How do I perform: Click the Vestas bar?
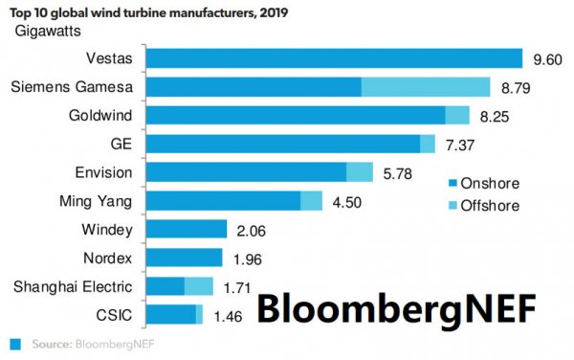click(x=334, y=58)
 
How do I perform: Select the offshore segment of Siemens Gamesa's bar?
click(x=426, y=87)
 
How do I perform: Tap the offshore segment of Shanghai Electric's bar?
click(x=199, y=286)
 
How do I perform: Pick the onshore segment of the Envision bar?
click(x=247, y=172)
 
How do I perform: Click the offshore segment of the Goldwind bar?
click(x=457, y=115)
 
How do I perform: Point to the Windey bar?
click(x=187, y=229)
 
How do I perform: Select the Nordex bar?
click(x=184, y=258)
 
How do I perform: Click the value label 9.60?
click(x=547, y=59)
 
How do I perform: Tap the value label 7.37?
click(x=460, y=146)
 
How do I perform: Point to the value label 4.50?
click(x=346, y=203)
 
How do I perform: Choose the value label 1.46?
click(x=228, y=316)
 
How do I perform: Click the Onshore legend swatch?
click(x=453, y=183)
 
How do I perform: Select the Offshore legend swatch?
click(x=453, y=206)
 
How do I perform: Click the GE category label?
click(x=121, y=144)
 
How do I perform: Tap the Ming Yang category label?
click(x=96, y=201)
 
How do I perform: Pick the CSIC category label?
click(x=114, y=315)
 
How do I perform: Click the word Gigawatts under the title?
click(x=48, y=32)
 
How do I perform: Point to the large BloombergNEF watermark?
click(x=396, y=309)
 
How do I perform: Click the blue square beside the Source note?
click(x=15, y=345)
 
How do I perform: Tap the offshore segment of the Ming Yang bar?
click(x=312, y=201)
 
